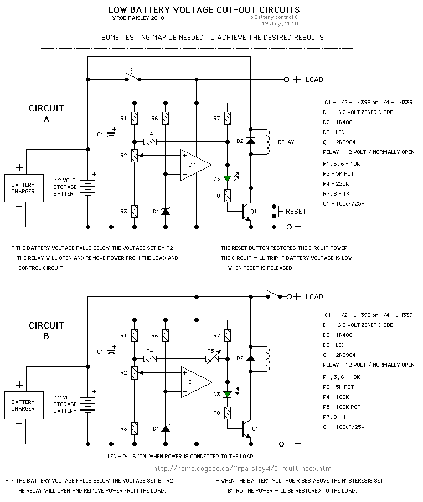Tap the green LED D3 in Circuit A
tap(227, 178)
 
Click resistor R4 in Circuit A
tap(149, 141)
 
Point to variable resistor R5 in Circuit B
tap(210, 359)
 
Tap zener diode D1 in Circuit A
tap(166, 211)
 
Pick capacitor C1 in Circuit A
tap(111, 134)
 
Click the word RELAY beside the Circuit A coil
tap(286, 142)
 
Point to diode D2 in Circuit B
tap(251, 358)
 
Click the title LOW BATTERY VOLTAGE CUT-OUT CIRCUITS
tap(204, 9)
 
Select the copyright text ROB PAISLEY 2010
tap(138, 18)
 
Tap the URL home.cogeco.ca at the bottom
tap(243, 468)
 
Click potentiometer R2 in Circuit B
tap(134, 373)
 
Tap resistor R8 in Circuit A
tap(227, 195)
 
